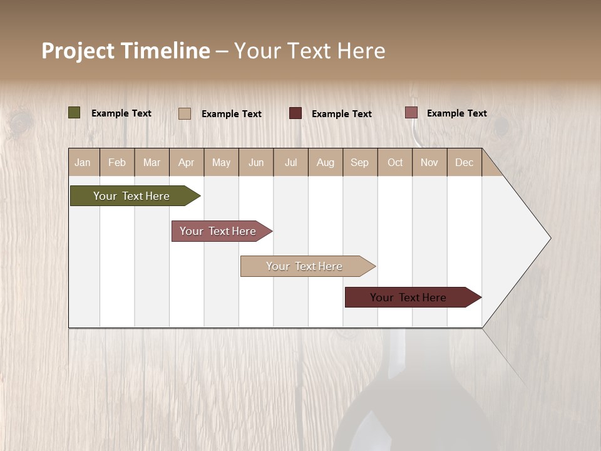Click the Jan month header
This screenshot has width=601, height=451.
pos(83,162)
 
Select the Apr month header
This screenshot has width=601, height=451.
pos(186,162)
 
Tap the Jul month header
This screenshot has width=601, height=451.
pos(290,162)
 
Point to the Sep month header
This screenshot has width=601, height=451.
pos(359,162)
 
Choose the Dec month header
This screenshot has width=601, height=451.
pos(464,162)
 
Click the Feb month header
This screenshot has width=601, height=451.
pos(117,162)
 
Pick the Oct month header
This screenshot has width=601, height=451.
pos(395,162)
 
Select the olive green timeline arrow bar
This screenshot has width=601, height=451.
pos(131,196)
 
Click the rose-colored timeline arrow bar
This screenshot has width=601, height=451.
pos(218,231)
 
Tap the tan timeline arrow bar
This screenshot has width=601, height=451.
pos(304,266)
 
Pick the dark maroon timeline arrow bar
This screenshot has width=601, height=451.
pos(409,298)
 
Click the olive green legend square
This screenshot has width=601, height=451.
pos(74,113)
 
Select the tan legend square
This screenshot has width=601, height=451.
pos(185,113)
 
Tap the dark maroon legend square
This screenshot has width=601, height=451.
pos(295,113)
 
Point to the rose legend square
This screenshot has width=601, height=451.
pos(411,113)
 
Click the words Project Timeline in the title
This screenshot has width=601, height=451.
pos(125,51)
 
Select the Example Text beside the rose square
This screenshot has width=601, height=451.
pos(456,113)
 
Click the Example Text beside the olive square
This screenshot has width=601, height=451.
pos(121,113)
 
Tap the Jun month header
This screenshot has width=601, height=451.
pos(256,162)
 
